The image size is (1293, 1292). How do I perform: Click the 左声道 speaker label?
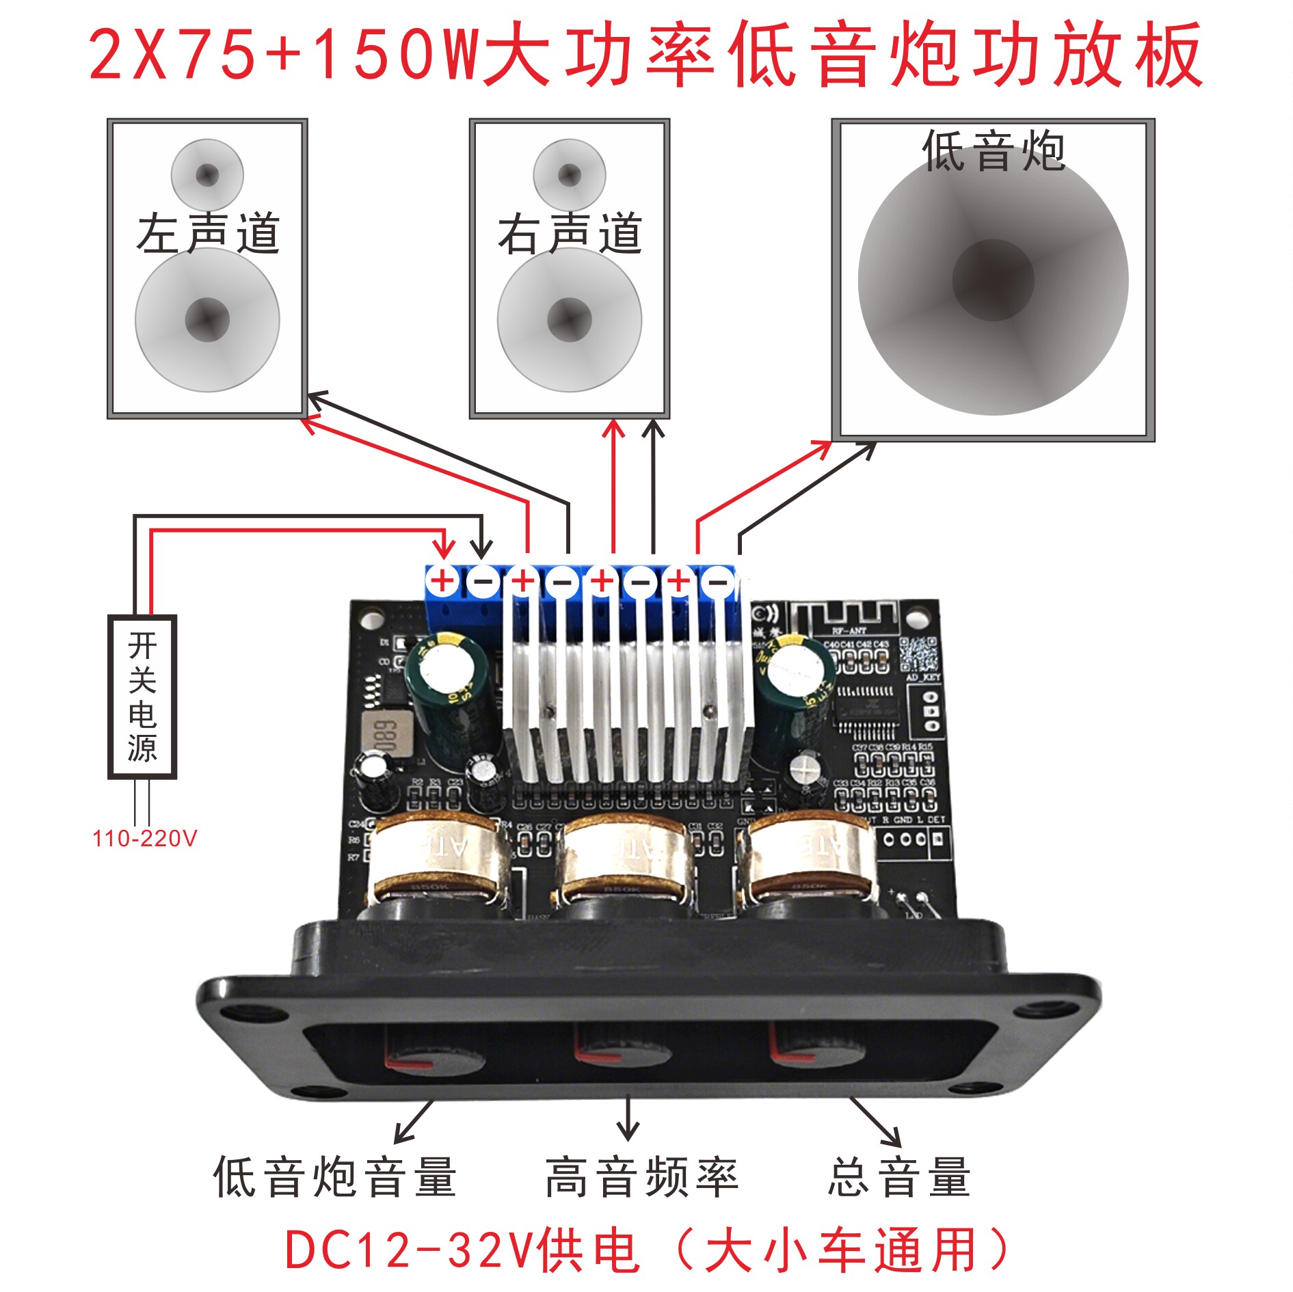point(208,234)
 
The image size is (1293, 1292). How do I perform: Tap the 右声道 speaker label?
point(570,234)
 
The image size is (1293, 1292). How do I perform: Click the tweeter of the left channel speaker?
point(207,175)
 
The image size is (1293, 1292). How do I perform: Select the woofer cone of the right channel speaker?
point(570,320)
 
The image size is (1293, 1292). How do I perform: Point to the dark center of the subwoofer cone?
point(993,280)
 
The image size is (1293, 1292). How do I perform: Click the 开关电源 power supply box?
point(142,697)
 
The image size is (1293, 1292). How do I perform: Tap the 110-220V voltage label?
point(144,839)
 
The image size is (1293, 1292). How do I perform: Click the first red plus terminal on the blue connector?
point(443,581)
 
